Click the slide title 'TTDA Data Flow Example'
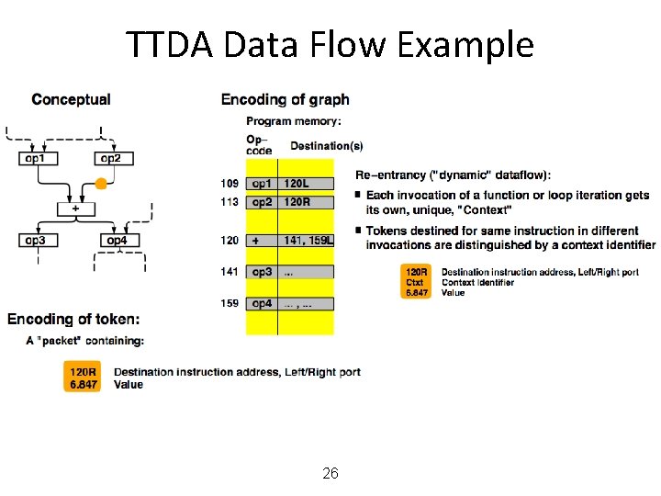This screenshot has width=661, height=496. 330,44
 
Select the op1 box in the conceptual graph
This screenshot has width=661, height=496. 38,159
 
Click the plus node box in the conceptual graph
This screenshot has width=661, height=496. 75,209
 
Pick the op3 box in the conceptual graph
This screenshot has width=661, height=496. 37,241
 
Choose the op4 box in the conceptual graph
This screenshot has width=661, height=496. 117,241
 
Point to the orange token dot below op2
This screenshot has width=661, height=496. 101,184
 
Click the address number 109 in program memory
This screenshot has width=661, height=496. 230,184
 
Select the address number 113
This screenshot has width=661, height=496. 230,201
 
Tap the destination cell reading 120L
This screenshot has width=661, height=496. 297,184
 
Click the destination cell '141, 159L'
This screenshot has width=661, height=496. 308,241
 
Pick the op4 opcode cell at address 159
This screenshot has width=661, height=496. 262,303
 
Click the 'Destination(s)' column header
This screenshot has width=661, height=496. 326,145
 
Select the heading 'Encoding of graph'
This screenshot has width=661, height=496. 285,99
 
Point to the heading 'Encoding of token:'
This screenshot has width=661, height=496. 73,319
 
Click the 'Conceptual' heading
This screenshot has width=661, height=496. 71,99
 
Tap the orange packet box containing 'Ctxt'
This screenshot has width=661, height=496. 417,282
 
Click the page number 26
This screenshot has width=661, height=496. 330,474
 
